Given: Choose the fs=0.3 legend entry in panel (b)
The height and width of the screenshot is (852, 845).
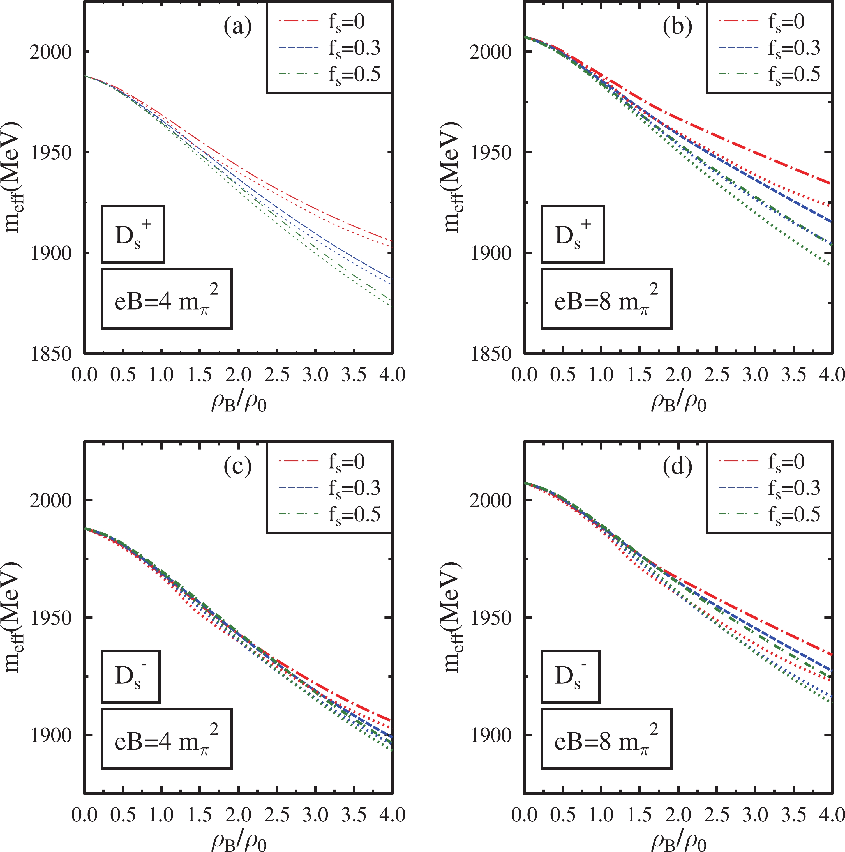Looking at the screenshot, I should point(769,48).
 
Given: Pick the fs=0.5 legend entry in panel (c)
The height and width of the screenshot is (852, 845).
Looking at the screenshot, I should point(330,514).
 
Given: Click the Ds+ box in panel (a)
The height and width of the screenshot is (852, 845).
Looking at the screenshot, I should point(133,234).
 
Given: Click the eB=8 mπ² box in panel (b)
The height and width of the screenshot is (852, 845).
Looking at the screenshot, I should point(606,299).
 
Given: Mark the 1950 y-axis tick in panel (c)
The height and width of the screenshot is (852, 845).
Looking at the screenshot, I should point(51,617).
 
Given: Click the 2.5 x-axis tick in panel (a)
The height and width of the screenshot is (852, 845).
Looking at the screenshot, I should point(277,375).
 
